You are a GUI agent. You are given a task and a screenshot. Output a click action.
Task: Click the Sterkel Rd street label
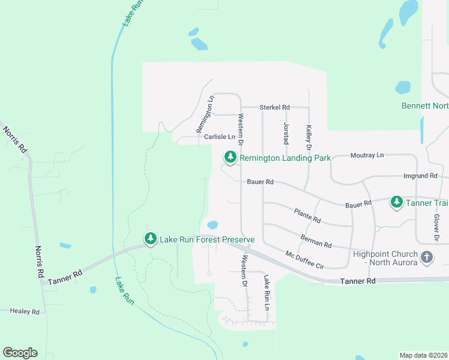click(274, 107)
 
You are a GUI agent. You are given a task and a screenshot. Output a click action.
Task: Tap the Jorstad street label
click(286, 132)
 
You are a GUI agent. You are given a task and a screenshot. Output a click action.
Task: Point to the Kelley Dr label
click(309, 137)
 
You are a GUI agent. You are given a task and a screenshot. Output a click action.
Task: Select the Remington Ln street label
click(205, 115)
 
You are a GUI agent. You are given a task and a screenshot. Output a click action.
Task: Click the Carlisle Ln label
click(219, 137)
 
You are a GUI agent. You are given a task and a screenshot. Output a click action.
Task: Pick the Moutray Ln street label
click(366, 155)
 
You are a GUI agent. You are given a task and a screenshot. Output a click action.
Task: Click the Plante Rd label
click(307, 216)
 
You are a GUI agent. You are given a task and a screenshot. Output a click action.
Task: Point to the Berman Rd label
click(316, 241)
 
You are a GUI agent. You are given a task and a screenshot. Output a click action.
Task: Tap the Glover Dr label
click(436, 229)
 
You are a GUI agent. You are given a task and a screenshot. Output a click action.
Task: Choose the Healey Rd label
click(24, 312)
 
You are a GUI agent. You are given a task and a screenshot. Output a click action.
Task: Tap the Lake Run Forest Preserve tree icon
click(150, 239)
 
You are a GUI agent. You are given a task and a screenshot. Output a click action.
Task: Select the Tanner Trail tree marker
click(396, 202)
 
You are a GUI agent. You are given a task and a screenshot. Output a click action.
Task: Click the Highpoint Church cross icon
click(426, 257)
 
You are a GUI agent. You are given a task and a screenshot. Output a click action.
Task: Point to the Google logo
click(20, 353)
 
